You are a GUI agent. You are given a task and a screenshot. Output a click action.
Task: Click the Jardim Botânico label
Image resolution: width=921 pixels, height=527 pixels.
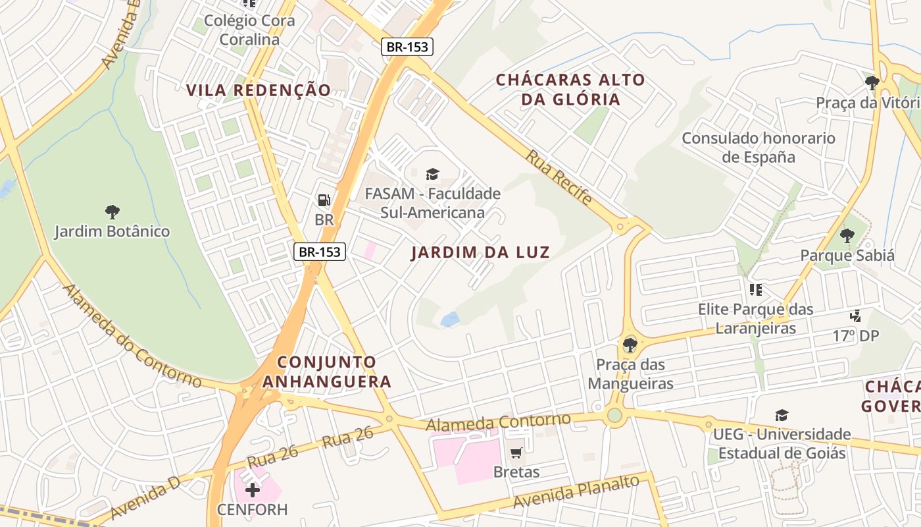point(112,232)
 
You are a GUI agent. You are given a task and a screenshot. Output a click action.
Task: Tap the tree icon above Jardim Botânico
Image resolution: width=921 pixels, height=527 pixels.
point(112,212)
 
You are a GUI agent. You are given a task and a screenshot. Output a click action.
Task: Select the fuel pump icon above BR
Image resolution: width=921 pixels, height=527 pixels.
point(324,200)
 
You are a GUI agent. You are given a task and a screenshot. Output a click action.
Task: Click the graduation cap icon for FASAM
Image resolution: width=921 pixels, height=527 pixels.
point(432,174)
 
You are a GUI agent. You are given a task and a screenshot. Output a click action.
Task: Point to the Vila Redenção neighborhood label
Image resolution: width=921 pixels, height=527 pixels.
point(259,90)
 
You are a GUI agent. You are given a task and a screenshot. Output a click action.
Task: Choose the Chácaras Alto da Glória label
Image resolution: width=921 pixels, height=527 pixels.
point(570,90)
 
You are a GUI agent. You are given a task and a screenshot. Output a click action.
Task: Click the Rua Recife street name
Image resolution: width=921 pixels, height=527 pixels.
point(559,177)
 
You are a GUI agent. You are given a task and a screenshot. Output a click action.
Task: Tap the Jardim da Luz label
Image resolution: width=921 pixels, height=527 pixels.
point(480,252)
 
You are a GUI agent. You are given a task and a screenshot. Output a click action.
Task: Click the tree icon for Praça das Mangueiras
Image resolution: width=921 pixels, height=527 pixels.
point(630,344)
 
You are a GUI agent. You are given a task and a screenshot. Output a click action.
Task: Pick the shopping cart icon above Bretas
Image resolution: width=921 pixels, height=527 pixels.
point(516,453)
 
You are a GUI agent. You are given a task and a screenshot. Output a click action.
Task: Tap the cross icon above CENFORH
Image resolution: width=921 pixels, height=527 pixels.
point(253,489)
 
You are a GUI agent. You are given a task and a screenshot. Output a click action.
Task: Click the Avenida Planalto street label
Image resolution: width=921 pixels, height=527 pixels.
point(576,491)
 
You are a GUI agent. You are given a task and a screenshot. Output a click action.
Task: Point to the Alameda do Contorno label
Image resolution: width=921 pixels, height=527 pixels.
point(132,337)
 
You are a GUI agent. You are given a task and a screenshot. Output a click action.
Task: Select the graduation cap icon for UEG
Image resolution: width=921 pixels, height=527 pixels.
point(782,415)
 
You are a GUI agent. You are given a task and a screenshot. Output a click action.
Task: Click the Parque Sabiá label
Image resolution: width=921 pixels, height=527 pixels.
point(847,256)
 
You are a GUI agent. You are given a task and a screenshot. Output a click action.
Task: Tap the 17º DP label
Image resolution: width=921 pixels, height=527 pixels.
point(855,336)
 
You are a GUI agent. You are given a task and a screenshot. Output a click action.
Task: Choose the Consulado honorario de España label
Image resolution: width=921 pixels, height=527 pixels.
point(759,148)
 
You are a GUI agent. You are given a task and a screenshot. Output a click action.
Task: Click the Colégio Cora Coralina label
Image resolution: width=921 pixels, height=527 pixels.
point(249,30)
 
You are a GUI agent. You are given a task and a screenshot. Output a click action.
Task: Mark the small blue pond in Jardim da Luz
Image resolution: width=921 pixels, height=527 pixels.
point(450,320)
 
